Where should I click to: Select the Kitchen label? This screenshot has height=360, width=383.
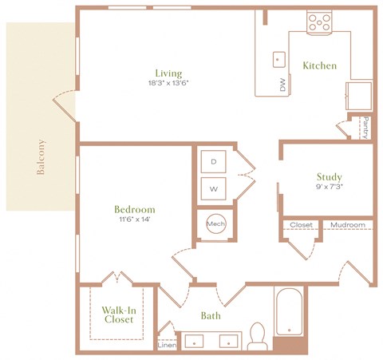[319, 65]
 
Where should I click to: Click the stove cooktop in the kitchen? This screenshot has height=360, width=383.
[320, 23]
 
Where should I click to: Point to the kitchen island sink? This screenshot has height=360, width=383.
[278, 58]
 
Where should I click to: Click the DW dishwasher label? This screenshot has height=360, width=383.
[283, 85]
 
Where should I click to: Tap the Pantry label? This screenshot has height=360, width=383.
[365, 127]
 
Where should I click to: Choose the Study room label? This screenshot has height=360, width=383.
[329, 177]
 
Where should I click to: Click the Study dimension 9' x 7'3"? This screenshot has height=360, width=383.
[329, 188]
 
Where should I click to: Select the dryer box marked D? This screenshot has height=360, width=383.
[213, 162]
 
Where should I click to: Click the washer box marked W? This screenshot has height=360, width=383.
[213, 189]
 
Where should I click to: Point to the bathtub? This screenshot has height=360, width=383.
[289, 316]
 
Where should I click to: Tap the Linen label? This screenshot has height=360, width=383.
[167, 345]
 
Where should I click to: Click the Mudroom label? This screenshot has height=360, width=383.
[348, 225]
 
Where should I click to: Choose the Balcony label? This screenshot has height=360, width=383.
[40, 157]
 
